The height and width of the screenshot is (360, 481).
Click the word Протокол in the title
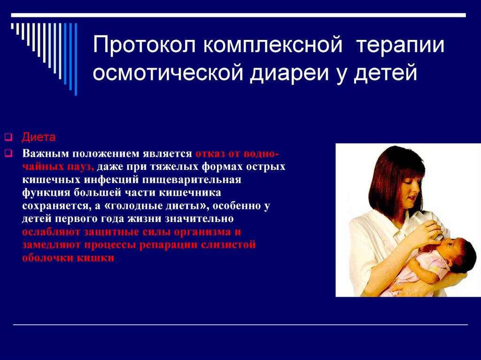click(x=144, y=45)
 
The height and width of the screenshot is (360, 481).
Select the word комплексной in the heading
click(x=273, y=45)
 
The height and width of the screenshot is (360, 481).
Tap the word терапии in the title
click(x=401, y=45)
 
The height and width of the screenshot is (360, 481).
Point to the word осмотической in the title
click(x=168, y=73)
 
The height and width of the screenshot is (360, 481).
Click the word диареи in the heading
click(x=289, y=73)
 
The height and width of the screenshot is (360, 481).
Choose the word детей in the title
click(x=386, y=73)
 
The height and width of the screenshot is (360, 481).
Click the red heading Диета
click(x=39, y=137)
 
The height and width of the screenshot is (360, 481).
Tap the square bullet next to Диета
click(x=8, y=137)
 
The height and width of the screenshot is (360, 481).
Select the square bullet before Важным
click(x=8, y=153)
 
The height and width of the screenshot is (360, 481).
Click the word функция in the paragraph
click(x=46, y=192)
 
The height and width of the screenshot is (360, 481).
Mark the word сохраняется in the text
click(x=56, y=206)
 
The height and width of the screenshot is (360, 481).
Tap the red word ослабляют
click(x=53, y=232)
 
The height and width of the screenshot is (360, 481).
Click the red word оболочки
click(x=47, y=258)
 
